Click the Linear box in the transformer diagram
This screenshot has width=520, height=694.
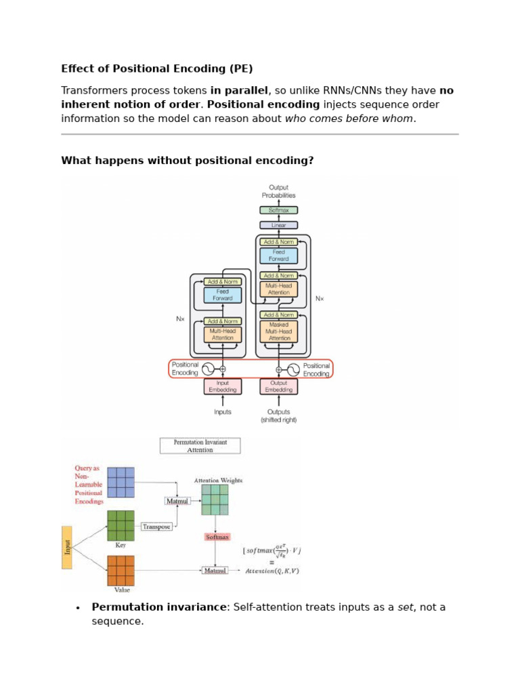tap(278, 225)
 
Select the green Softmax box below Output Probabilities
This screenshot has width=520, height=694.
tap(278, 210)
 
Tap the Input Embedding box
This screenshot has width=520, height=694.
tap(222, 386)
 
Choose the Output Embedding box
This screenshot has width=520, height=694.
tap(278, 386)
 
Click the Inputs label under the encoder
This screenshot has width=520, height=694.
tap(222, 411)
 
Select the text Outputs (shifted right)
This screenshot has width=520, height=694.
tap(278, 415)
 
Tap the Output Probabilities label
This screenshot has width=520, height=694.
tap(278, 191)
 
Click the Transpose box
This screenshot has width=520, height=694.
tap(156, 527)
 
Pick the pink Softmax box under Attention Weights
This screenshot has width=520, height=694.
tap(215, 537)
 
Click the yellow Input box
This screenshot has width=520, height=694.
tap(67, 547)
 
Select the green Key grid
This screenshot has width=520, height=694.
tap(121, 525)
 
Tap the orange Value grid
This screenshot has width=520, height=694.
tap(121, 571)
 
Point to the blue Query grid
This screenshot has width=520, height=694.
tap(121, 482)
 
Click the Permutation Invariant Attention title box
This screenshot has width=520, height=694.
tap(200, 445)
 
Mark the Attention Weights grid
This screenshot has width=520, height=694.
tap(215, 500)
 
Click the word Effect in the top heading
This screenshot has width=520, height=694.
tap(76, 68)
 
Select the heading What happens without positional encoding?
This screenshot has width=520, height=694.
tap(188, 161)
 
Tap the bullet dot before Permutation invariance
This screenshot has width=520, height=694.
tap(79, 607)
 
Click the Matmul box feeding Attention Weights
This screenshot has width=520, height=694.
tap(177, 501)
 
